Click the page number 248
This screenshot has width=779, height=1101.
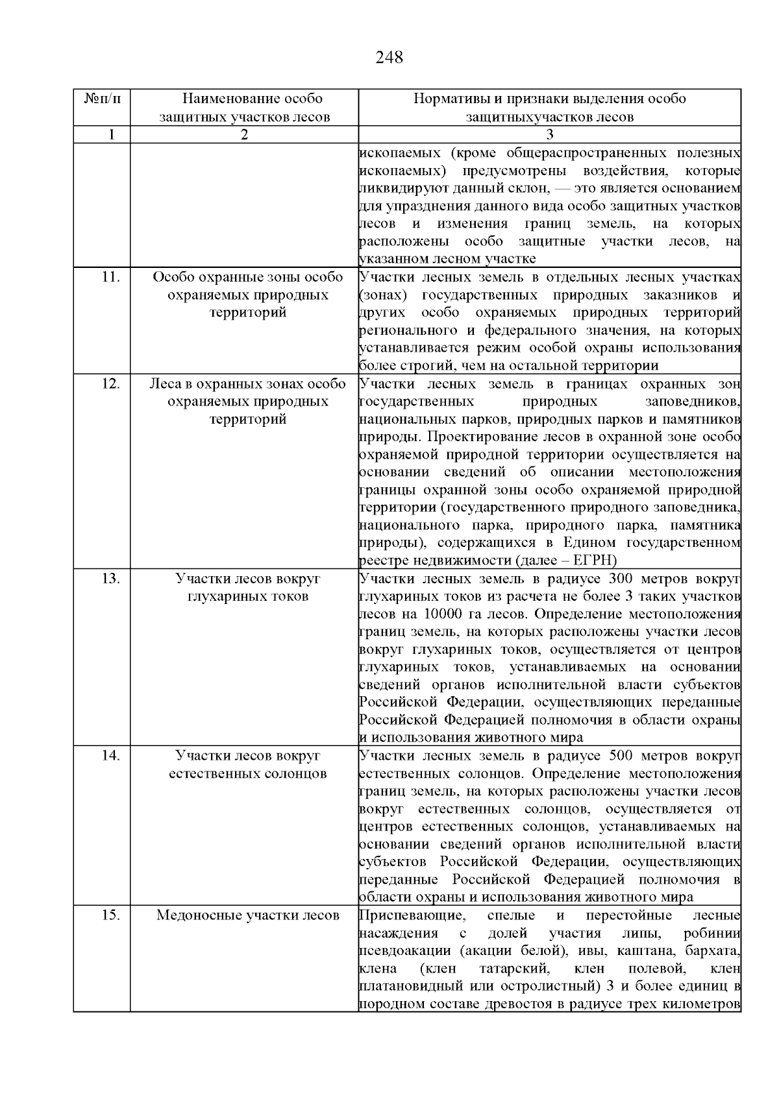tap(389, 58)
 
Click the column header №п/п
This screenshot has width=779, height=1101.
tap(102, 99)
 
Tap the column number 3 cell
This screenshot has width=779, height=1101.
tap(550, 135)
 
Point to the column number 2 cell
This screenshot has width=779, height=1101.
tap(244, 135)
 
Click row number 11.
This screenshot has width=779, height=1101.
tap(111, 277)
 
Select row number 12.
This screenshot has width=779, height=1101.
tap(111, 383)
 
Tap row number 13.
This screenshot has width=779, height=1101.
tap(111, 578)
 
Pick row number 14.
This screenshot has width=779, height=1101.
tap(111, 756)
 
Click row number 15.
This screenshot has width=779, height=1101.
tap(111, 915)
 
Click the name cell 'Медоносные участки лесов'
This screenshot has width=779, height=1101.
tap(247, 915)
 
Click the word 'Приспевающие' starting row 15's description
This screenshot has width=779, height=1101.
tap(411, 915)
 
